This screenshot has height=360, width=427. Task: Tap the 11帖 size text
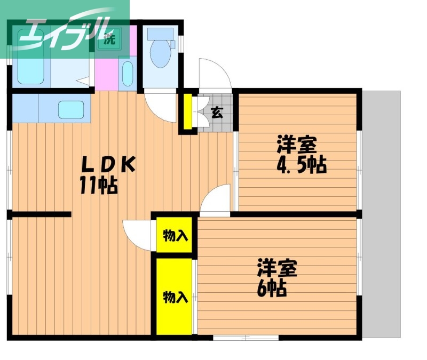click(99, 185)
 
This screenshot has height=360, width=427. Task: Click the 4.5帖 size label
click(301, 165)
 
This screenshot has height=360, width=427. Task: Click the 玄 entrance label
click(217, 112)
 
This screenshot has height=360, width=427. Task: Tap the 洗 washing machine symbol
click(109, 39)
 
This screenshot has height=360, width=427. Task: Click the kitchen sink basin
click(70, 109)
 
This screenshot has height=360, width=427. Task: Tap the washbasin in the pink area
click(127, 74)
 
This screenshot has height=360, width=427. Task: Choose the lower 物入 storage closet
click(175, 297)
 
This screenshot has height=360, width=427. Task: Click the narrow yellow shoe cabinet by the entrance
click(187, 112)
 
